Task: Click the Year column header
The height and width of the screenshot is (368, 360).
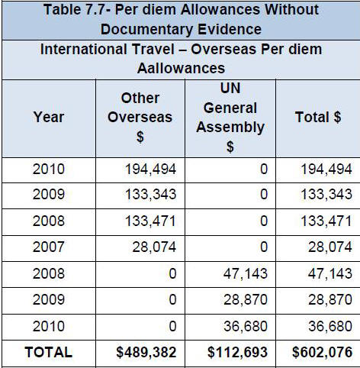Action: (x=49, y=117)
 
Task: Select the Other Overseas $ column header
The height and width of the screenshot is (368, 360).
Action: (x=140, y=118)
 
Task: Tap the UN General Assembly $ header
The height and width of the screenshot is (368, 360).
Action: (x=230, y=118)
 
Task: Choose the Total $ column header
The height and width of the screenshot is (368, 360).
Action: (x=318, y=117)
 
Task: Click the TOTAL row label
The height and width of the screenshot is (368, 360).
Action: (x=49, y=352)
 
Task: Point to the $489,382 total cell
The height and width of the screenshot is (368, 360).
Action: (x=146, y=352)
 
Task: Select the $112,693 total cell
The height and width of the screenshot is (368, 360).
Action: (x=237, y=352)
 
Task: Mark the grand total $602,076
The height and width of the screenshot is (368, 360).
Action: (x=322, y=352)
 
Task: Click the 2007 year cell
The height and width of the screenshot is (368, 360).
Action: (x=49, y=247)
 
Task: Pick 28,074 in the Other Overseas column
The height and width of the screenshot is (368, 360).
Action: (x=154, y=247)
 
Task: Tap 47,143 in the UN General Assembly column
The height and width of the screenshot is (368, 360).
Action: (x=246, y=273)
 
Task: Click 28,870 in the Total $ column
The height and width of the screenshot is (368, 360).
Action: (x=330, y=299)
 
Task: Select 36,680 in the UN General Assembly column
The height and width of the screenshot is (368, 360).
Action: (x=246, y=326)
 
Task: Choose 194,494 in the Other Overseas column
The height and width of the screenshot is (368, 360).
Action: (x=150, y=169)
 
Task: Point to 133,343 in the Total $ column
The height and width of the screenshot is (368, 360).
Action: (x=326, y=194)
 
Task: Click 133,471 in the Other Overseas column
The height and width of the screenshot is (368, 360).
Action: (x=150, y=221)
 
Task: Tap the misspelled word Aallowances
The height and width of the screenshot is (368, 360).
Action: (x=181, y=68)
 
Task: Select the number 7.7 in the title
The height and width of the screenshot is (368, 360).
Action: (x=95, y=10)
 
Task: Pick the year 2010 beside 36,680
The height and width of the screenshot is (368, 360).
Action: (x=49, y=326)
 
